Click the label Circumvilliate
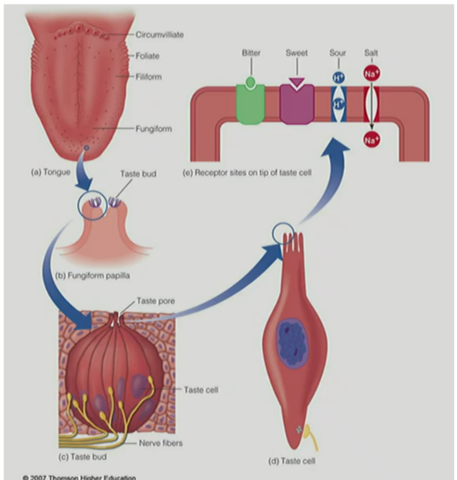coord(160,34)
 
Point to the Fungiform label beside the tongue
coord(155,128)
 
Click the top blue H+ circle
coord(338,78)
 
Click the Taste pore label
coord(156,301)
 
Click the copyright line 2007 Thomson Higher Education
coord(79,477)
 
